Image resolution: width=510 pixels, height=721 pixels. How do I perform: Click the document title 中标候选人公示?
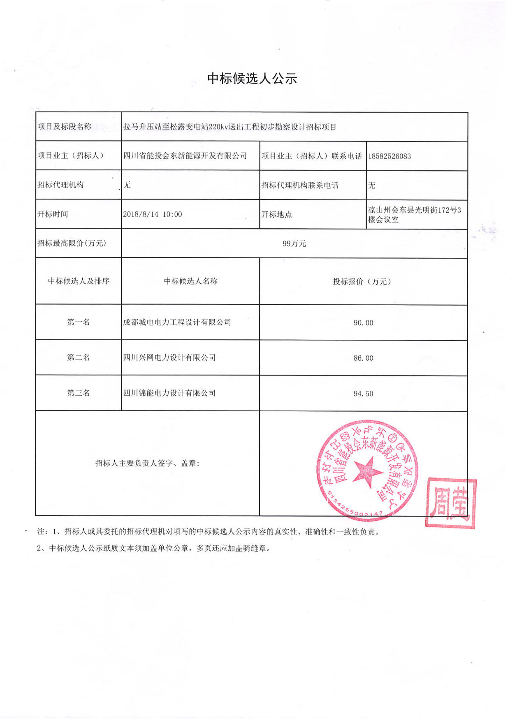(x=252, y=78)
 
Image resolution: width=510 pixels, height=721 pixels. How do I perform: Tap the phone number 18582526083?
(x=389, y=156)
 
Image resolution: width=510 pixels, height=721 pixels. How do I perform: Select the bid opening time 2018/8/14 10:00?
(x=152, y=214)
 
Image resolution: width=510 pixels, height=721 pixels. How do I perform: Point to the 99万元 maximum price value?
(x=294, y=243)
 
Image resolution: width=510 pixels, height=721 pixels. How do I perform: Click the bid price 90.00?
(x=363, y=323)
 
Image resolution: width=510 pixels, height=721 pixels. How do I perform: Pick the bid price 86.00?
(x=363, y=358)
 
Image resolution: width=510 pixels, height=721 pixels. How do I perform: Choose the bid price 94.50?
(x=363, y=394)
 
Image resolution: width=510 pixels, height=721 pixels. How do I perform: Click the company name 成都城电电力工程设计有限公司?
(x=177, y=322)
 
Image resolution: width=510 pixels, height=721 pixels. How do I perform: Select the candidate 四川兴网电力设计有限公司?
(x=169, y=358)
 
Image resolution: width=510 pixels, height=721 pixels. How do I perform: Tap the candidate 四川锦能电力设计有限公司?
(x=169, y=393)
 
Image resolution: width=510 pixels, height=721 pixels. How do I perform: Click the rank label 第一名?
(x=78, y=322)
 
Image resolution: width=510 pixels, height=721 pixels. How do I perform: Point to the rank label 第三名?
(x=78, y=393)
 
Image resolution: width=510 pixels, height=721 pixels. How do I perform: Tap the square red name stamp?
(x=451, y=503)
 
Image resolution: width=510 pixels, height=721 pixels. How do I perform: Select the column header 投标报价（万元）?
(x=362, y=282)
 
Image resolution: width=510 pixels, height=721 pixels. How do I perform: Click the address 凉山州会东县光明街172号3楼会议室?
(x=414, y=215)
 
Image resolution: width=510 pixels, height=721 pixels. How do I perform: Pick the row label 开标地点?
(x=276, y=215)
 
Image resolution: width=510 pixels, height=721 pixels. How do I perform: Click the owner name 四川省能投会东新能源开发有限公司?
(x=185, y=156)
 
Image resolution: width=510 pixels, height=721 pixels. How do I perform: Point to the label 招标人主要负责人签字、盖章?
(x=147, y=464)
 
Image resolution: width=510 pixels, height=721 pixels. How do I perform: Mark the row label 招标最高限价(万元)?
(x=72, y=243)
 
